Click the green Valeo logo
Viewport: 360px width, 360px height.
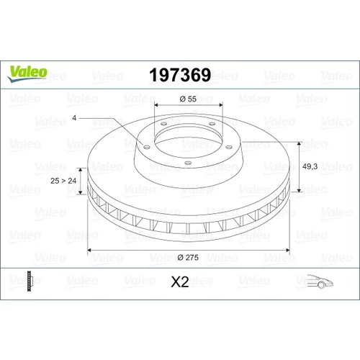pos(27,74)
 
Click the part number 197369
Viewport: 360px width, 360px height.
pos(180,75)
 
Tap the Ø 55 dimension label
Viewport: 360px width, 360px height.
pos(188,99)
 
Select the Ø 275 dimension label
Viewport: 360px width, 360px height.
pos(188,257)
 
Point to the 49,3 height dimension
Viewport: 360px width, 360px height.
pos(310,166)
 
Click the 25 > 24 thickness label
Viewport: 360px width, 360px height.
pos(63,181)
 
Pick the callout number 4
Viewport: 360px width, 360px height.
pos(74,118)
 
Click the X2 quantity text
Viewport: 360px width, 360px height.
pos(180,282)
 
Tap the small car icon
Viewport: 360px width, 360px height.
pos(320,281)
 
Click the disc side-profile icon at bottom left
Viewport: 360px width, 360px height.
pos(29,281)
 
